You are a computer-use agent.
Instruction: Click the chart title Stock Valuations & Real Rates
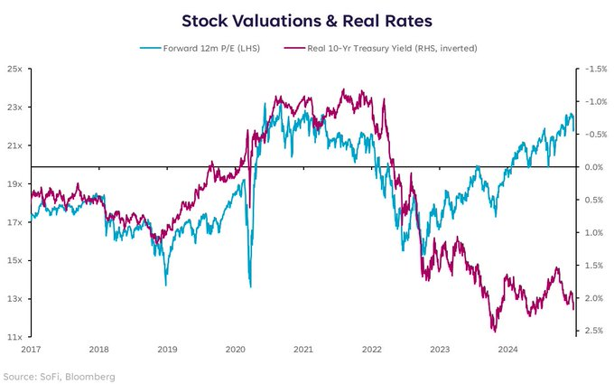(x=306, y=19)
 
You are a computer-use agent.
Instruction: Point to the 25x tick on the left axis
(x=14, y=69)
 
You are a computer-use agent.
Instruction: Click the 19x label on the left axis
(x=14, y=183)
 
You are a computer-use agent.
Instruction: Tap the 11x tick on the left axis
(x=14, y=337)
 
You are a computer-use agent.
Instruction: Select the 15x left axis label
(x=14, y=260)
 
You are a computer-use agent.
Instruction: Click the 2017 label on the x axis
(x=32, y=348)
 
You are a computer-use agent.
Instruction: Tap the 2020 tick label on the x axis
(x=235, y=348)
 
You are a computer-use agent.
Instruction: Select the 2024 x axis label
(x=507, y=348)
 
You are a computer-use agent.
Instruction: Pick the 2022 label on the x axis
(x=371, y=348)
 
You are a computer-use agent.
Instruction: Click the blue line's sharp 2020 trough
(x=249, y=286)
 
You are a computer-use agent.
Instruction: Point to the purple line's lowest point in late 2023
(x=494, y=331)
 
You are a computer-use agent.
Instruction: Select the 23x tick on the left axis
(x=14, y=107)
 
